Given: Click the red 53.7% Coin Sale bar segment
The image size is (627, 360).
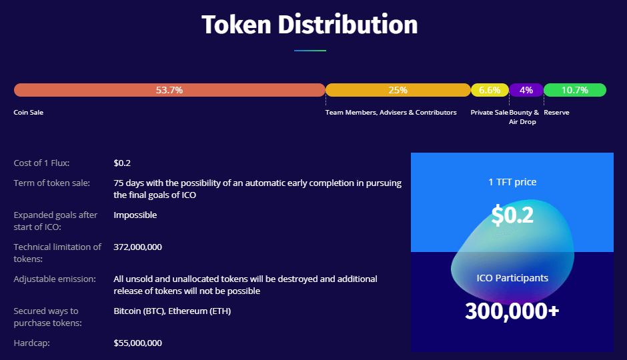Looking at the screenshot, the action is pos(169,90).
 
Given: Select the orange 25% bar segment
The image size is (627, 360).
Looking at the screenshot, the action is pos(398,90).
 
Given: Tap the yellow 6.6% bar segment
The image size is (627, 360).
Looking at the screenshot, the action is pos(490,90).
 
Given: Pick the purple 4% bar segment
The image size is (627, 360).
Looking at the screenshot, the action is pos(526,90).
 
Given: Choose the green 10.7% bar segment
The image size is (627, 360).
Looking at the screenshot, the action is pos(575,90).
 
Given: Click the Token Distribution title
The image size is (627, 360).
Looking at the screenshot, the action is pos(310,25).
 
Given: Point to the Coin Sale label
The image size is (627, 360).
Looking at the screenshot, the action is pos(29,112).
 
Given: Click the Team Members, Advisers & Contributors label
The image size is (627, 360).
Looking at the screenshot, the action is pos(391,112).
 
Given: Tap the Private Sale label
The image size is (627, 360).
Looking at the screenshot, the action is pos(490,112).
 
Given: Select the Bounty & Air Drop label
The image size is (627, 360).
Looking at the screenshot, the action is pos(524,117).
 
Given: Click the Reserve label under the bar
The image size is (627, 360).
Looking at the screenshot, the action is pos(556,112).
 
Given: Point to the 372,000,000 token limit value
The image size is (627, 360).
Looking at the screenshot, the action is pos(137,247).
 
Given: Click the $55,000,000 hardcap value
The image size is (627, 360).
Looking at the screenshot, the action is pos(137,343).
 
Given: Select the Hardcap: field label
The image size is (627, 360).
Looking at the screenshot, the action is pos(31,343).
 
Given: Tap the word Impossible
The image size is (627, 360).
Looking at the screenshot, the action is pos(135,215).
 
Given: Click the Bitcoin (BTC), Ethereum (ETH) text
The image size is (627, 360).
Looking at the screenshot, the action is pos(172,311).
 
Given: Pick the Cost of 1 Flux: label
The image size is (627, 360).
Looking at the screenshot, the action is pos(41,163).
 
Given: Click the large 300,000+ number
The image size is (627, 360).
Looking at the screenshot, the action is pos(512,311).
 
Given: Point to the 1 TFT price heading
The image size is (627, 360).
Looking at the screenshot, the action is pos(512,182).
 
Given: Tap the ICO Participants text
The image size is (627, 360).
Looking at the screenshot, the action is pos(512,278).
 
